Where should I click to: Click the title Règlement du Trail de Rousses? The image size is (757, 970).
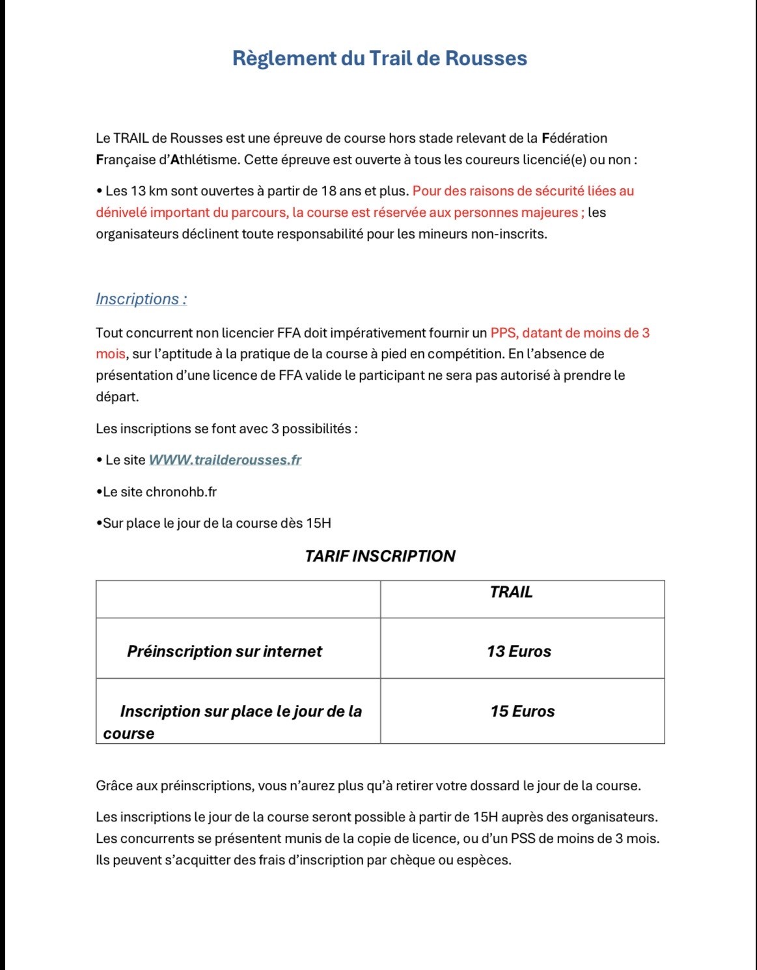[x=379, y=58]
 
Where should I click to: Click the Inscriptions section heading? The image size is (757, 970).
[x=141, y=299]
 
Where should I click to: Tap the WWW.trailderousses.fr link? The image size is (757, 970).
[x=225, y=460]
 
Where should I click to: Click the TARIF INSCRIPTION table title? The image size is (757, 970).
[x=379, y=556]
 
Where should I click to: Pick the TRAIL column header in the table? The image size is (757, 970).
[x=511, y=592]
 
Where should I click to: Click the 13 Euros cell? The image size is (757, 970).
[x=519, y=651]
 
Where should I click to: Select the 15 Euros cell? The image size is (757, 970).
[x=523, y=711]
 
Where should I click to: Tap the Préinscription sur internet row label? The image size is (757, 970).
[x=225, y=651]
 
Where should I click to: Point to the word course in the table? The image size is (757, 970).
[x=129, y=734]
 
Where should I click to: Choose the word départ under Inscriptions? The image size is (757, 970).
[x=117, y=397]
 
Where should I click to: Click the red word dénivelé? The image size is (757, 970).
[x=121, y=212]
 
